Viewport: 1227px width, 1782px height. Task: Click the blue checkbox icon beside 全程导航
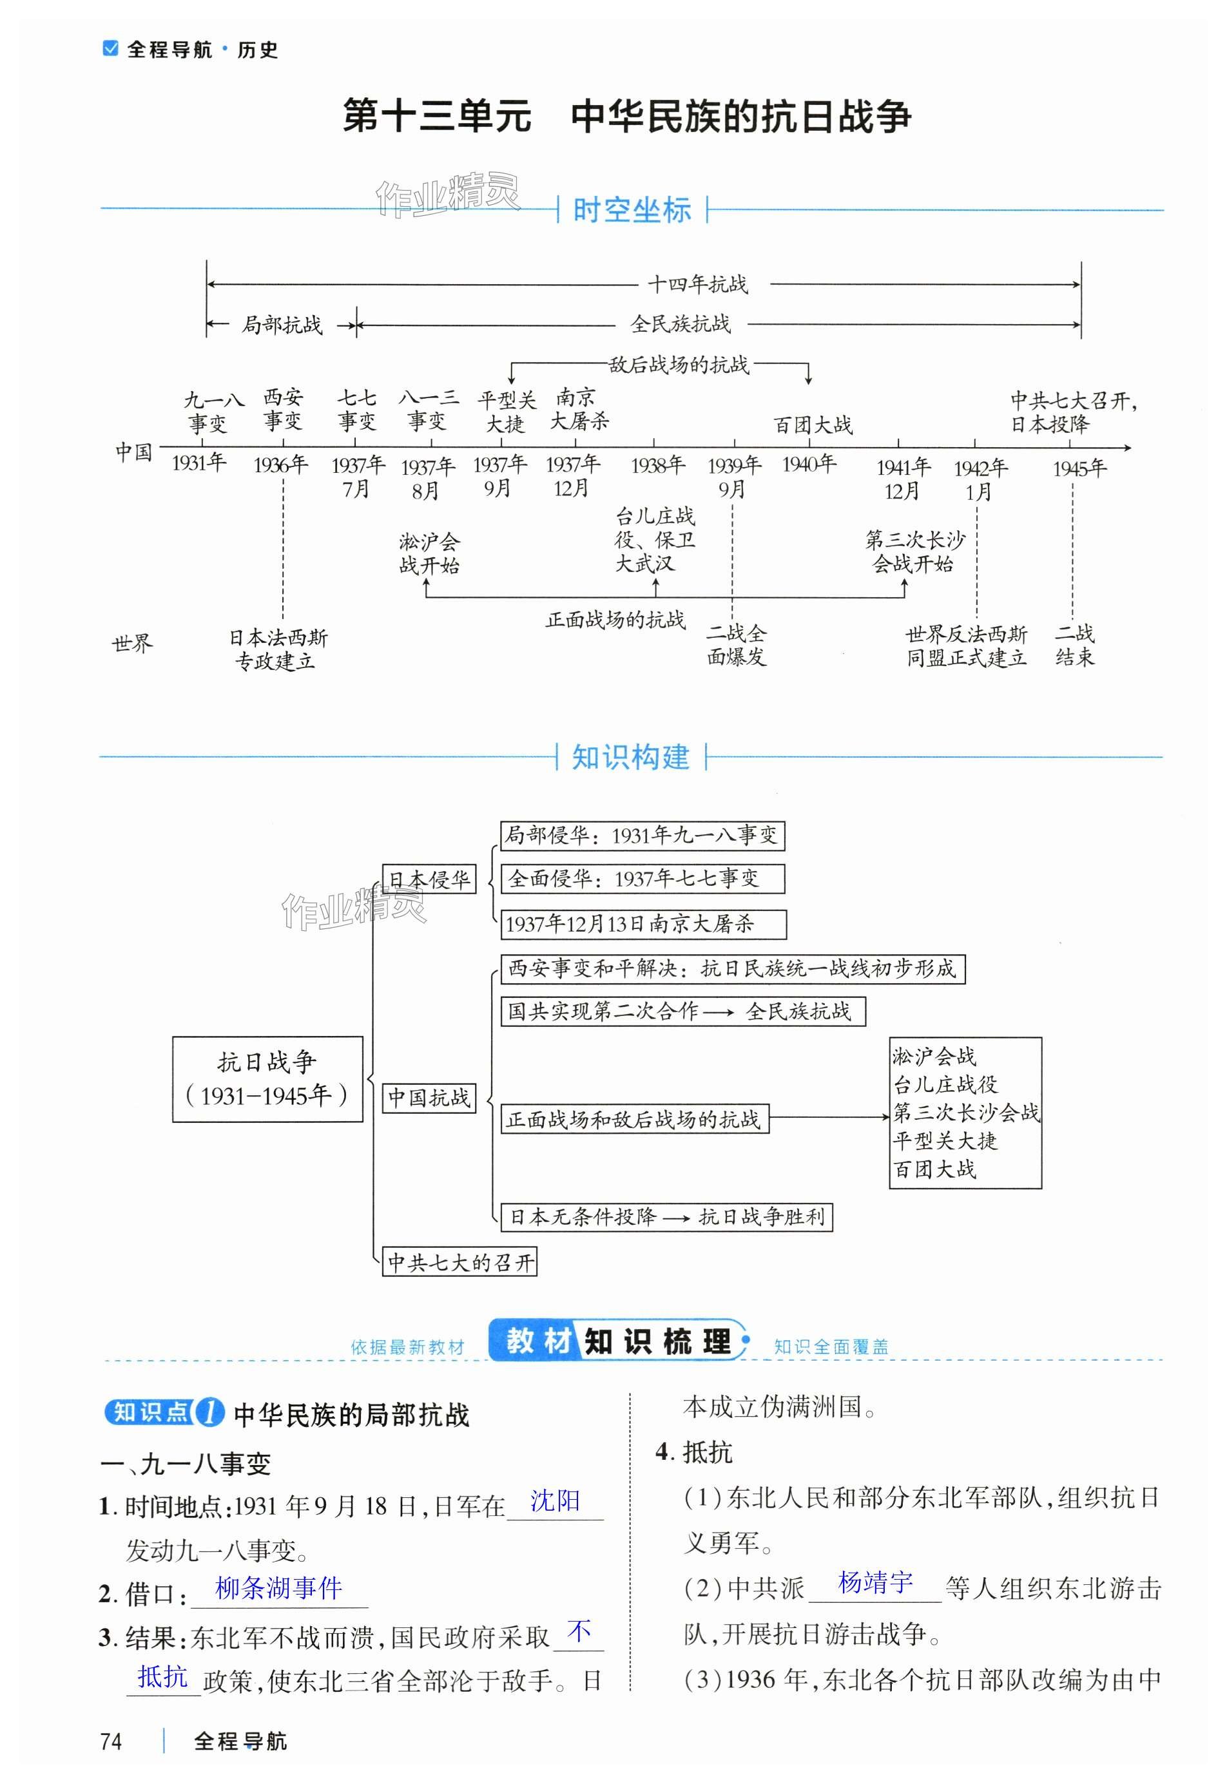pos(111,48)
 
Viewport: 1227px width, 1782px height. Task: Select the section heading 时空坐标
pos(631,210)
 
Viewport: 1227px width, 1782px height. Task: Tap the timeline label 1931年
pos(198,463)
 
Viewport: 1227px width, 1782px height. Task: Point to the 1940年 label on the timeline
pos(809,464)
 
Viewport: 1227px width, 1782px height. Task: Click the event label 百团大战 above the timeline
pos(813,425)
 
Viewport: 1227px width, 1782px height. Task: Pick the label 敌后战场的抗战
pos(678,365)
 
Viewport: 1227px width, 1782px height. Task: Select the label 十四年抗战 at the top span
pos(697,284)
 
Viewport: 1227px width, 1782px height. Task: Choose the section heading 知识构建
pos(630,758)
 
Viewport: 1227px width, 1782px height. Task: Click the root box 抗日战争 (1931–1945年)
pos(267,1079)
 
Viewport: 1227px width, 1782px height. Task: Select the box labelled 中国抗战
pos(429,1097)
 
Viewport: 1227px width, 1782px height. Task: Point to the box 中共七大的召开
pos(459,1263)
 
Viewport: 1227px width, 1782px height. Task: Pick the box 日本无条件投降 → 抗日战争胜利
pos(666,1217)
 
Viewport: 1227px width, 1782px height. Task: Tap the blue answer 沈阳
pos(555,1500)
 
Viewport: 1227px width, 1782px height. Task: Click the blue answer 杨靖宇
pos(875,1583)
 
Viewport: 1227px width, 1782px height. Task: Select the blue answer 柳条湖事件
pos(278,1587)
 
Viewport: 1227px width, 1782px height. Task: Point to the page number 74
pos(111,1741)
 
